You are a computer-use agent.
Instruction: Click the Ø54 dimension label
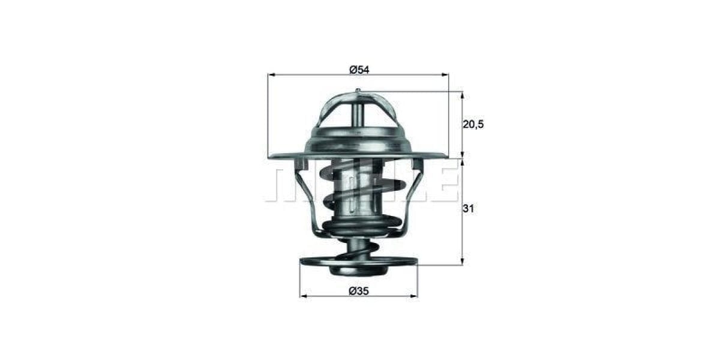click(x=359, y=70)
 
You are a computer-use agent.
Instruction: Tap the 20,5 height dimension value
click(x=473, y=124)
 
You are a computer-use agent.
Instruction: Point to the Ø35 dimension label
click(x=359, y=291)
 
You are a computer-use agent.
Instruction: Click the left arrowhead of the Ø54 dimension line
click(x=271, y=75)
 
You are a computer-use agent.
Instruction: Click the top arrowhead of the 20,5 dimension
click(x=462, y=95)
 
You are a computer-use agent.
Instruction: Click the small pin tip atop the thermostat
click(x=358, y=91)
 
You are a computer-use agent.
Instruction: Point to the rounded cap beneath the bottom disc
click(x=358, y=271)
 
